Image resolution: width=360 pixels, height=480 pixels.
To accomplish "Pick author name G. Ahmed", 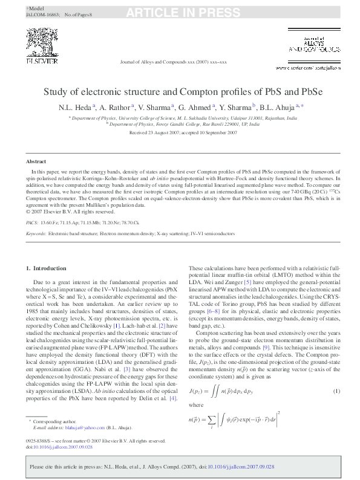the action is (x=195, y=107).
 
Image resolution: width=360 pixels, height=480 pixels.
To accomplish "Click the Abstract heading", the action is (x=35, y=162).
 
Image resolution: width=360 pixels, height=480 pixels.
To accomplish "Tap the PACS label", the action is (x=32, y=222).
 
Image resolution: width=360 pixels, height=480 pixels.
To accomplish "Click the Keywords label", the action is (x=36, y=233).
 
